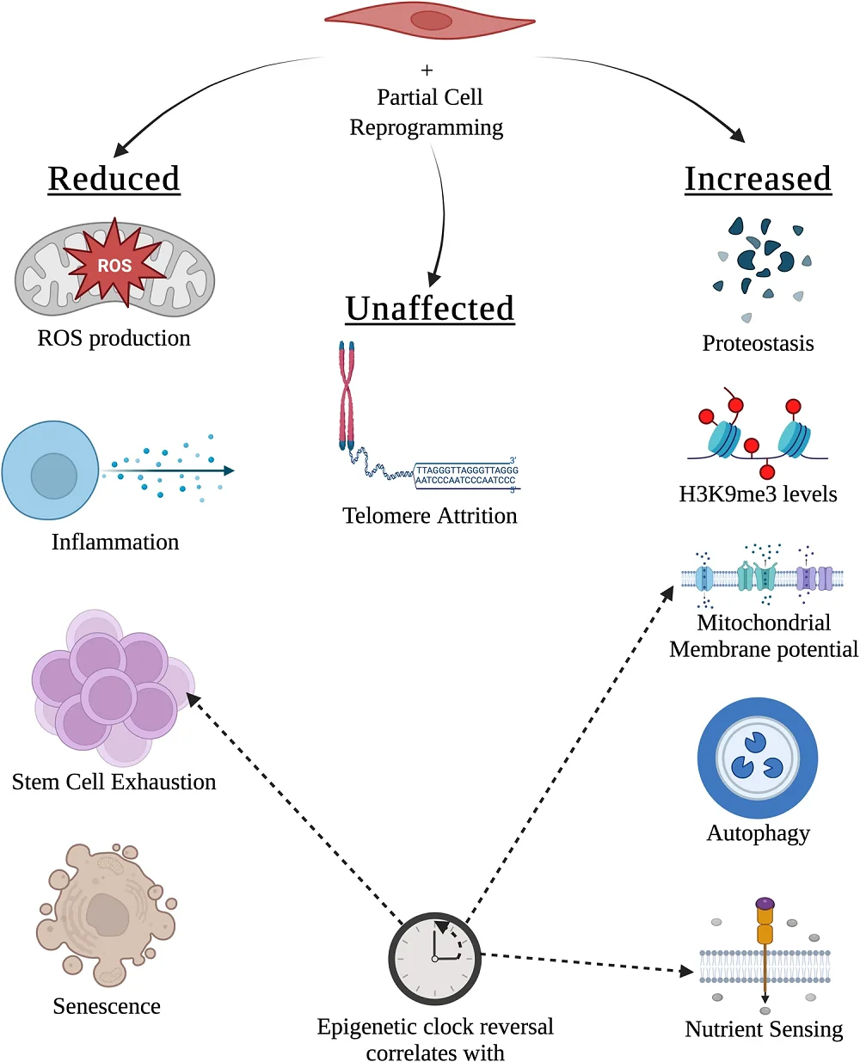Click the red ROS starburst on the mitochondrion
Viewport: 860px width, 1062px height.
tap(115, 265)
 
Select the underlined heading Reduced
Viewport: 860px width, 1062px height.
tap(114, 179)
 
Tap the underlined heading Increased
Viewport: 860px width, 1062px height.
tap(758, 179)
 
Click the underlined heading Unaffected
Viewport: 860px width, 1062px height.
tap(430, 309)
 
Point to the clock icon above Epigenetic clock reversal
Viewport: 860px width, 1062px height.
tap(434, 958)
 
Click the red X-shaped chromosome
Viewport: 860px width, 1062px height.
tap(347, 396)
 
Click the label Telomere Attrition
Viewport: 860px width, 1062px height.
tap(430, 516)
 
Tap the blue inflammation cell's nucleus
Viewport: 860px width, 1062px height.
tap(54, 476)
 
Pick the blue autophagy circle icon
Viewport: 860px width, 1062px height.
tap(757, 758)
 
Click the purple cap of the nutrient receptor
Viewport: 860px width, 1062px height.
tap(765, 904)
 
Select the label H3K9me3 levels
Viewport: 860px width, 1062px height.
tap(758, 494)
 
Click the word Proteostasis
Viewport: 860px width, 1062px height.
tap(758, 344)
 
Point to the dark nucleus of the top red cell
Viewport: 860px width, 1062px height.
tap(431, 21)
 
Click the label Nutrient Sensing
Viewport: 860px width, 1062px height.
tap(764, 1029)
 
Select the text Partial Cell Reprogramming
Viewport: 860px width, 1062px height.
tap(428, 113)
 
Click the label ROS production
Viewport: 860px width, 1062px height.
tap(114, 339)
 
